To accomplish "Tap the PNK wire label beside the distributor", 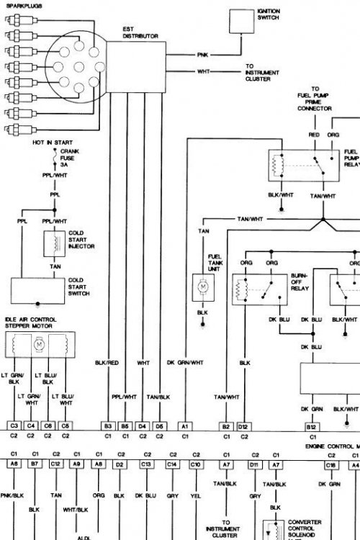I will tap(202, 55).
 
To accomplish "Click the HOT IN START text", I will tap(50, 143).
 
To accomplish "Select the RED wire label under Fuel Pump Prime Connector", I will tap(314, 134).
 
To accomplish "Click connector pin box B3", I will tap(107, 426).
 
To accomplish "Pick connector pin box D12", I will tap(244, 426).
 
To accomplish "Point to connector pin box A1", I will tap(185, 426).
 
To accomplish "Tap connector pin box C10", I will tap(195, 465).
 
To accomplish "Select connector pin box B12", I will tap(312, 426).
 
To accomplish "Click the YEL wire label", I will tap(195, 495).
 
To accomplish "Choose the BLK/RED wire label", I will tap(107, 364).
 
